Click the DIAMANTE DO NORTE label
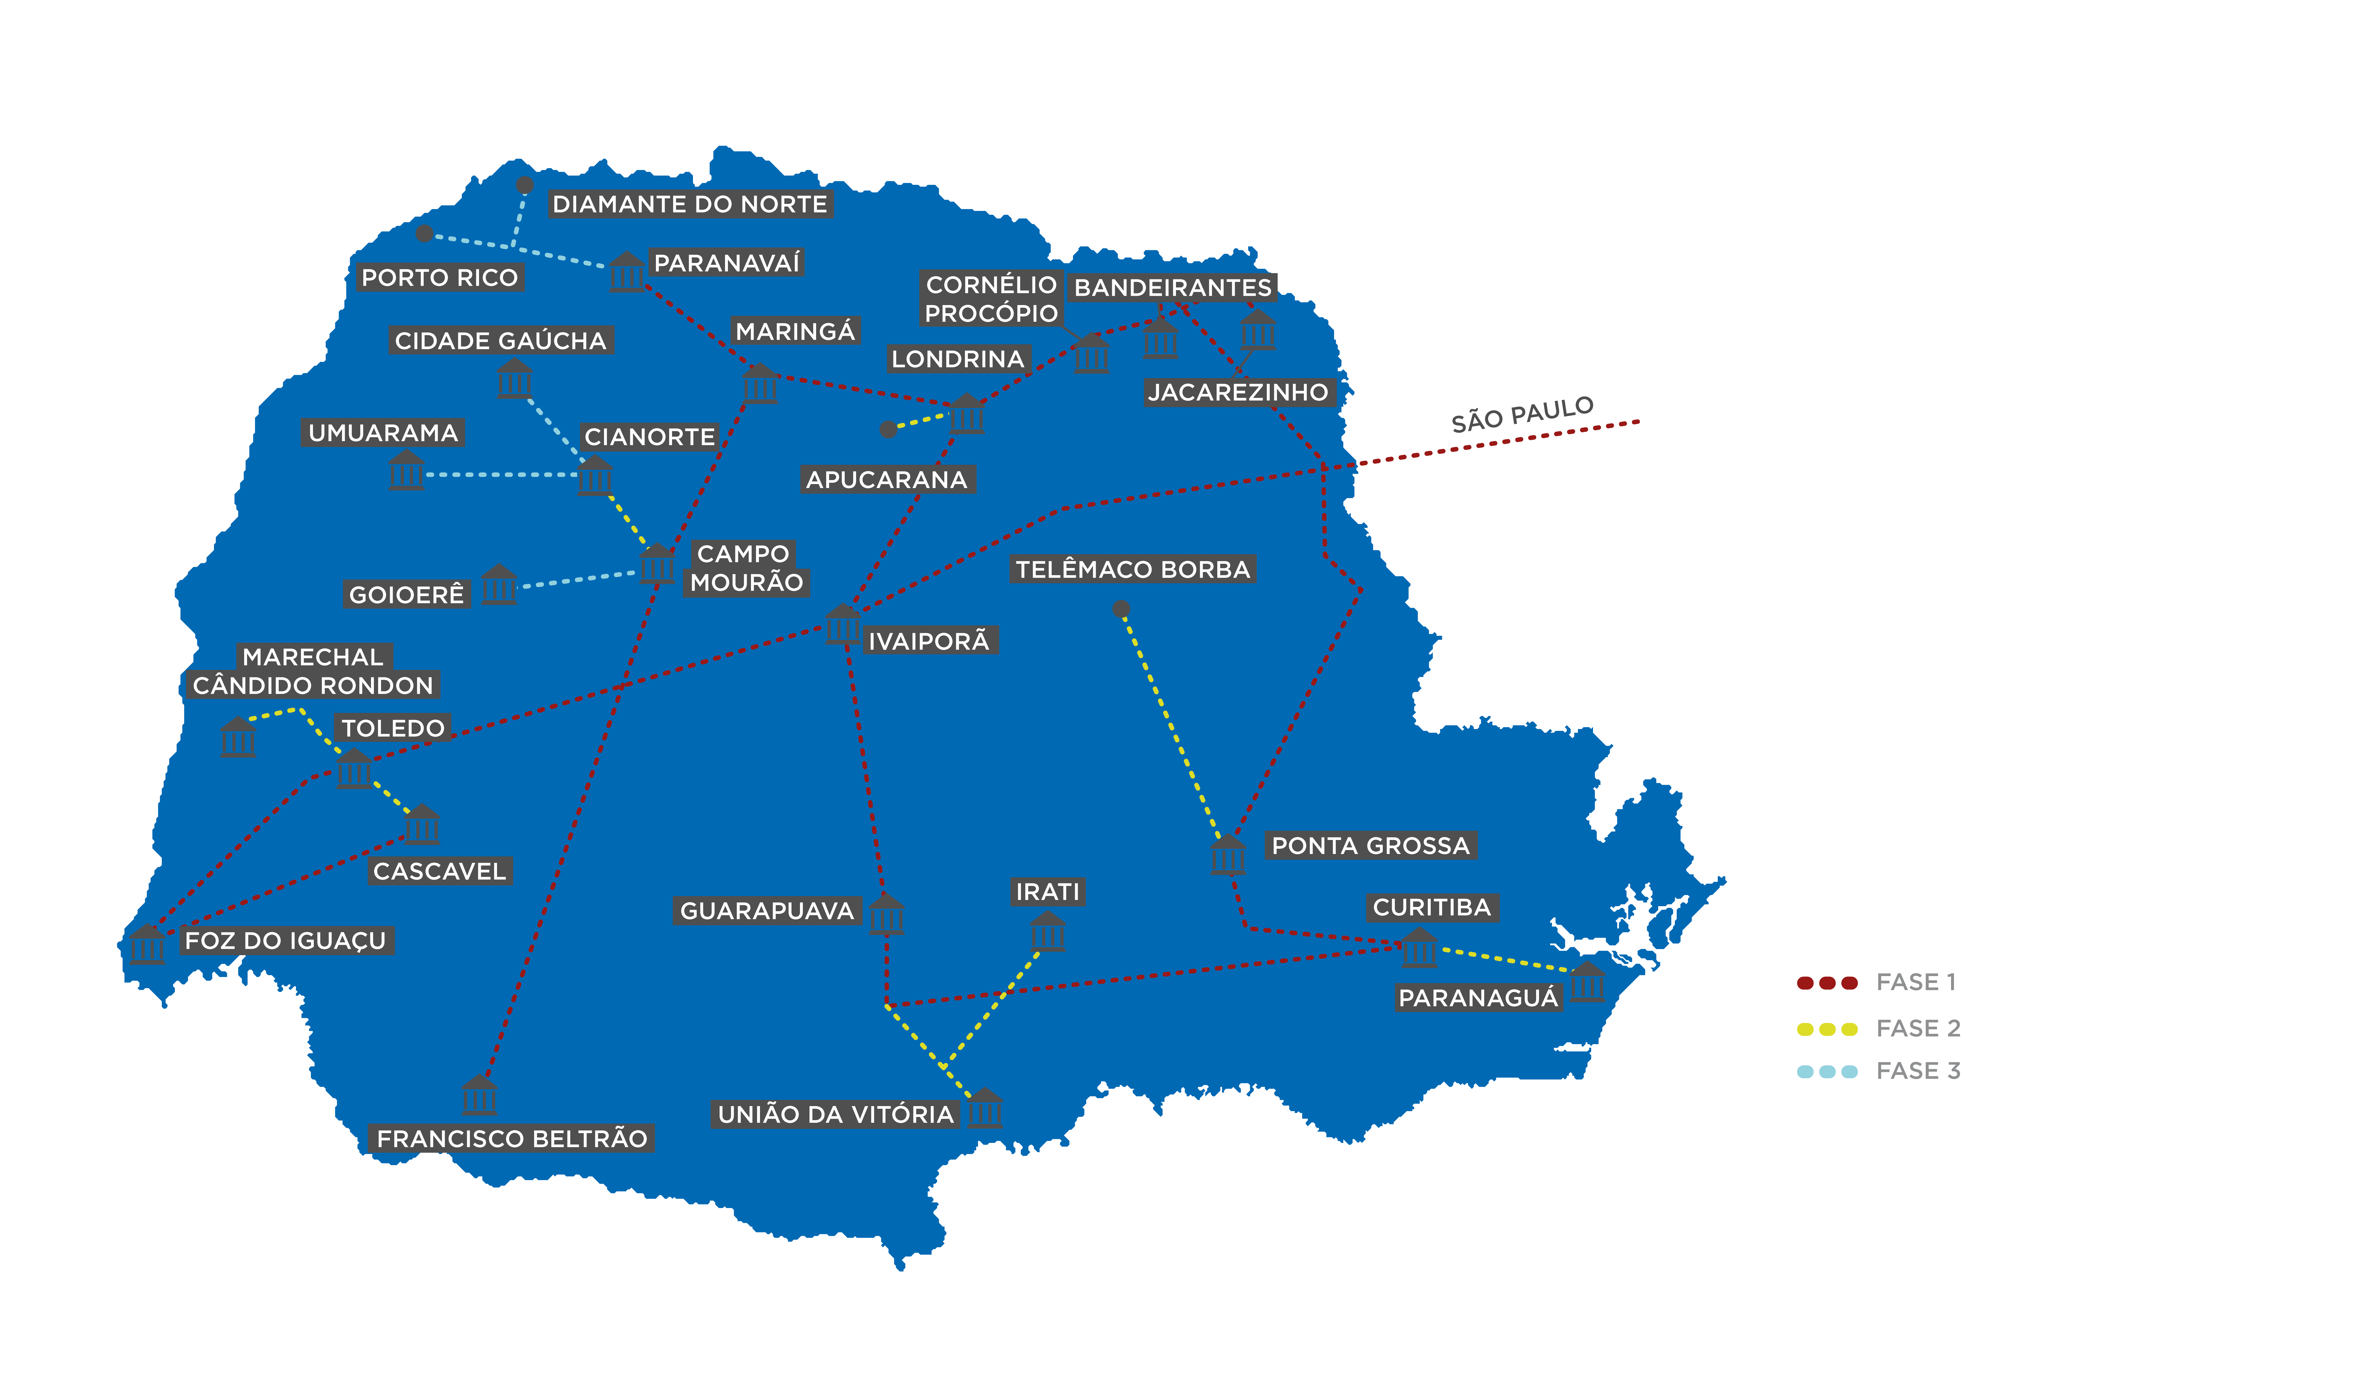(x=689, y=204)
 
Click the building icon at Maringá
(x=759, y=383)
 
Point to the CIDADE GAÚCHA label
(x=500, y=340)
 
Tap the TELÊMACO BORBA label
(x=1132, y=570)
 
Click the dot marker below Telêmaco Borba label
(x=1120, y=609)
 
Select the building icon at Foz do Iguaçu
(x=147, y=945)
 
